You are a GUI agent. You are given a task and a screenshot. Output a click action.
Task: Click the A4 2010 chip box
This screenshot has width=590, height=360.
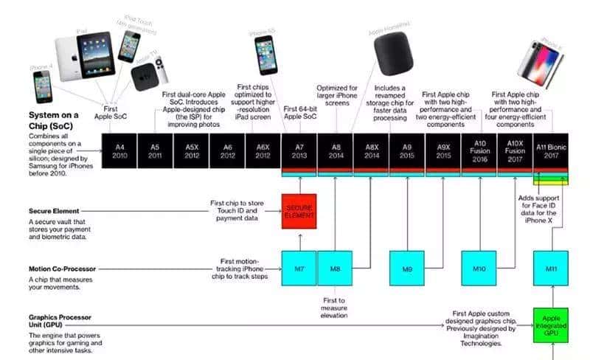(119, 151)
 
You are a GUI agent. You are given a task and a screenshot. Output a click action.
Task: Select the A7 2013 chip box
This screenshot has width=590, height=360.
(299, 151)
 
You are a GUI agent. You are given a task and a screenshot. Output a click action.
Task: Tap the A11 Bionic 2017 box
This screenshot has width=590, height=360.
(551, 151)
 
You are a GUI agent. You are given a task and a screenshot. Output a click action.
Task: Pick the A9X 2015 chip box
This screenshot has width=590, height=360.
(443, 151)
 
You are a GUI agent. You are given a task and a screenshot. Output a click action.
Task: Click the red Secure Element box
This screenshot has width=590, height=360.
(299, 211)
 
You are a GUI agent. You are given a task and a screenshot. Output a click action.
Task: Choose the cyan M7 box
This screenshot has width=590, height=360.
(299, 269)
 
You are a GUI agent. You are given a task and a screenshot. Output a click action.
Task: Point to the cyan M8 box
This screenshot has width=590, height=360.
(336, 269)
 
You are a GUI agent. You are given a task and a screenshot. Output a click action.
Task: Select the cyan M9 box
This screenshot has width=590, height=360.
(407, 269)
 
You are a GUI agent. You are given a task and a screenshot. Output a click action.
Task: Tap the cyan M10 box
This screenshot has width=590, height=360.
(479, 269)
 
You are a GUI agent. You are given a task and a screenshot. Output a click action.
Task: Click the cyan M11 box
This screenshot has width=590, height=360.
(551, 269)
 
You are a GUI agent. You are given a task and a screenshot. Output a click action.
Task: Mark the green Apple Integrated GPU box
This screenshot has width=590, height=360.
(551, 325)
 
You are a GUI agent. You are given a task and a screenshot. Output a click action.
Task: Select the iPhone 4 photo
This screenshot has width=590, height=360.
(42, 87)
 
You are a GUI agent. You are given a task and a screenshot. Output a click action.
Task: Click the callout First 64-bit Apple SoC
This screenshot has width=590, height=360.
(300, 114)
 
